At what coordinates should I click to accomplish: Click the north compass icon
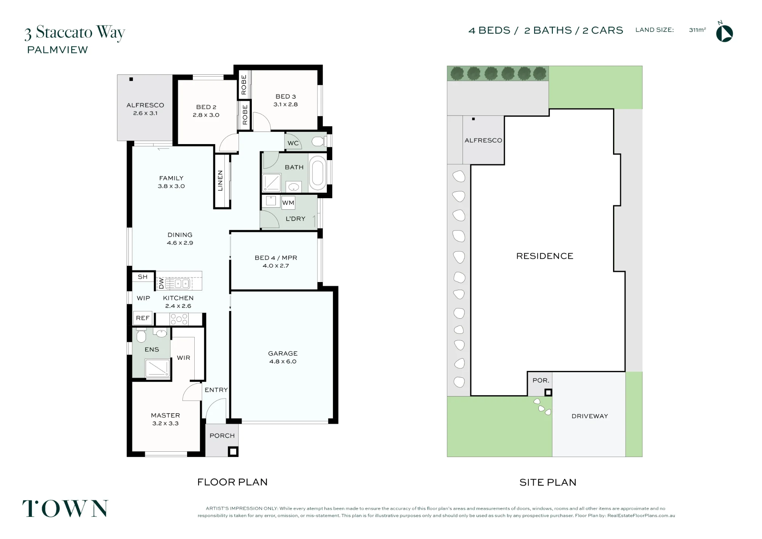coord(724,33)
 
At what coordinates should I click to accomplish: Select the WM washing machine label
coord(288,203)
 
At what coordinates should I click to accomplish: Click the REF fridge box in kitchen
coord(143,318)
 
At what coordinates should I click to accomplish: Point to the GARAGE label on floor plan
coord(283,353)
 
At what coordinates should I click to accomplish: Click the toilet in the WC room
coord(319,142)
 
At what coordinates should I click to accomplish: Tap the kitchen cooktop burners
coord(179,319)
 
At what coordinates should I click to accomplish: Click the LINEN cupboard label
coord(220,180)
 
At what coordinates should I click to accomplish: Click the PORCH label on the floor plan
coord(222,436)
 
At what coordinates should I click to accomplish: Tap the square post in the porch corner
coord(233,452)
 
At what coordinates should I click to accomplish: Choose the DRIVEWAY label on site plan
coord(590,416)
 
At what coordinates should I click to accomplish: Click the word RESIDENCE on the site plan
coord(545,256)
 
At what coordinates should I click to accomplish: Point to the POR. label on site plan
coord(541,380)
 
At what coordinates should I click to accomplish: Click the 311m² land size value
coord(697,30)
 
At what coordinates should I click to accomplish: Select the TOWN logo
coord(65,509)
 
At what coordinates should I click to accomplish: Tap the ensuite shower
coord(157,368)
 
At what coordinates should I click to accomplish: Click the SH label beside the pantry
coord(142,277)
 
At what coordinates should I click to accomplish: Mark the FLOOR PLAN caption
coord(232,482)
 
